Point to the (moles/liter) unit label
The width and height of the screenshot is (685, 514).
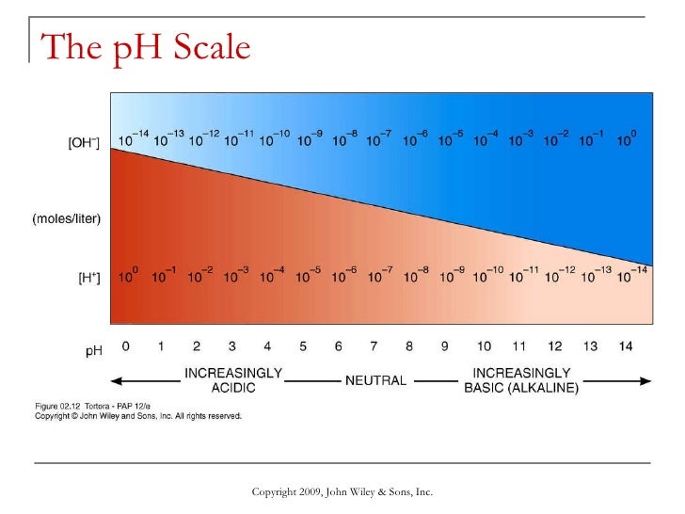pos(68,218)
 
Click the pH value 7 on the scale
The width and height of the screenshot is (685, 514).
pos(374,346)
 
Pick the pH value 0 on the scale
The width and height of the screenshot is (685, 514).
pos(126,346)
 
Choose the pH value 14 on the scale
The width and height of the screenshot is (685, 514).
pos(626,346)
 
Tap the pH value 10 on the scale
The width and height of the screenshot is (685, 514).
pos(484,346)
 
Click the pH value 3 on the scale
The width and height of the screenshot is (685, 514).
pos(232,346)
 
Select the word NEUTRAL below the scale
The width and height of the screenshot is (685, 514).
pos(375,381)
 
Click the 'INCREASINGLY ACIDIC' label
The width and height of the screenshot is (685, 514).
pos(233,380)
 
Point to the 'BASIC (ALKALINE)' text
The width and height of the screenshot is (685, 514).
pos(521,388)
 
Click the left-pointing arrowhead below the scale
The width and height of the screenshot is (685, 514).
pos(118,381)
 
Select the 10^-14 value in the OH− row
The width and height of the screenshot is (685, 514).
pos(132,139)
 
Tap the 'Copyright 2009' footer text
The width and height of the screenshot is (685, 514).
pos(342,492)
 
